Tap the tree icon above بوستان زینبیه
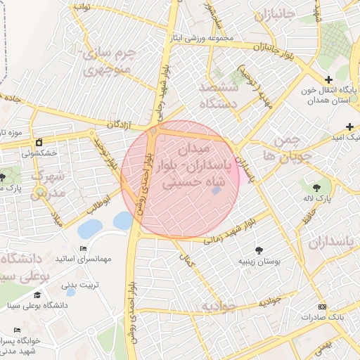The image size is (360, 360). (260, 250)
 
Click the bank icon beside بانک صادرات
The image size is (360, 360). (323, 307)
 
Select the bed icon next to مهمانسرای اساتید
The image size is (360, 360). (84, 249)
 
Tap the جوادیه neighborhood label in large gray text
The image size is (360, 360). (217, 307)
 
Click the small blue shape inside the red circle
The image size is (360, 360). (215, 190)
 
